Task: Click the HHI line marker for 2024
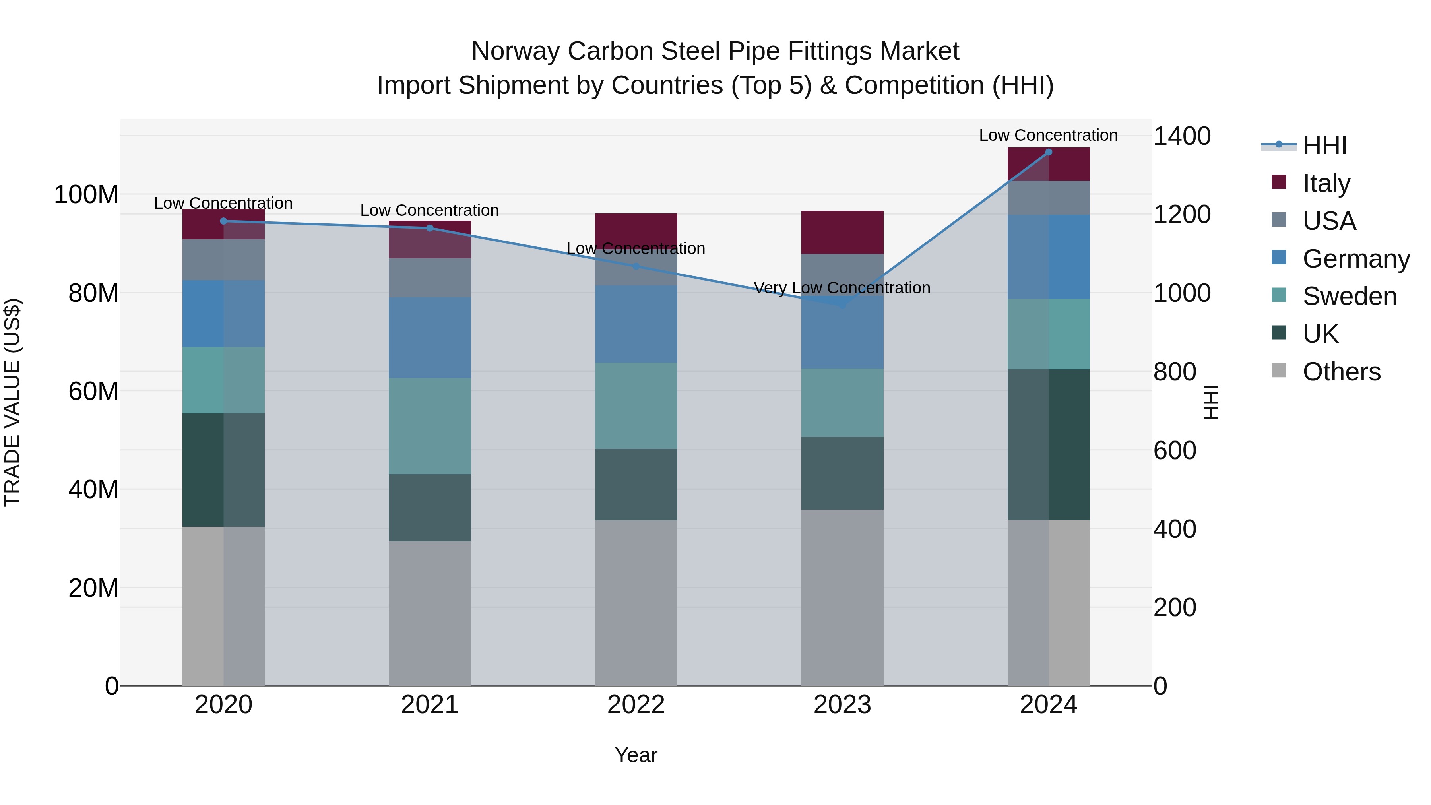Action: pyautogui.click(x=1048, y=152)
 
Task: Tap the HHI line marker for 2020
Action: pyautogui.click(x=223, y=221)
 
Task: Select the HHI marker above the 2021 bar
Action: pyautogui.click(x=429, y=228)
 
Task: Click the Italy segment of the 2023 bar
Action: pyautogui.click(x=842, y=232)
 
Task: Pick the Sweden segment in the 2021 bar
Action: pyautogui.click(x=429, y=426)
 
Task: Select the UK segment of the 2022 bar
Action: pyautogui.click(x=636, y=485)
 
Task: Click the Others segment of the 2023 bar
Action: pyautogui.click(x=842, y=597)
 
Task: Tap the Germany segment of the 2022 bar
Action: pyautogui.click(x=636, y=324)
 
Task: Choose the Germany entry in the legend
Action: pyautogui.click(x=1355, y=259)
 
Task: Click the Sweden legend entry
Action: pyautogui.click(x=1349, y=297)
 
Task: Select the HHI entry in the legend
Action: pyautogui.click(x=1324, y=145)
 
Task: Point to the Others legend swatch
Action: pyautogui.click(x=1279, y=370)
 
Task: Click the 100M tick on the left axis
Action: pyautogui.click(x=86, y=195)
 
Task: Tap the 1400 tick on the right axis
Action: pyautogui.click(x=1182, y=136)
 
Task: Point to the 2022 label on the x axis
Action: pyautogui.click(x=636, y=705)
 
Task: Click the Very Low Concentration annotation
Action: pyautogui.click(x=842, y=288)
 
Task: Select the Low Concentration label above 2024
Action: pyautogui.click(x=1048, y=135)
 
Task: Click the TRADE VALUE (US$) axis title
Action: pyautogui.click(x=12, y=402)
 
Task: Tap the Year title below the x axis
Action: pyautogui.click(x=636, y=755)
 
